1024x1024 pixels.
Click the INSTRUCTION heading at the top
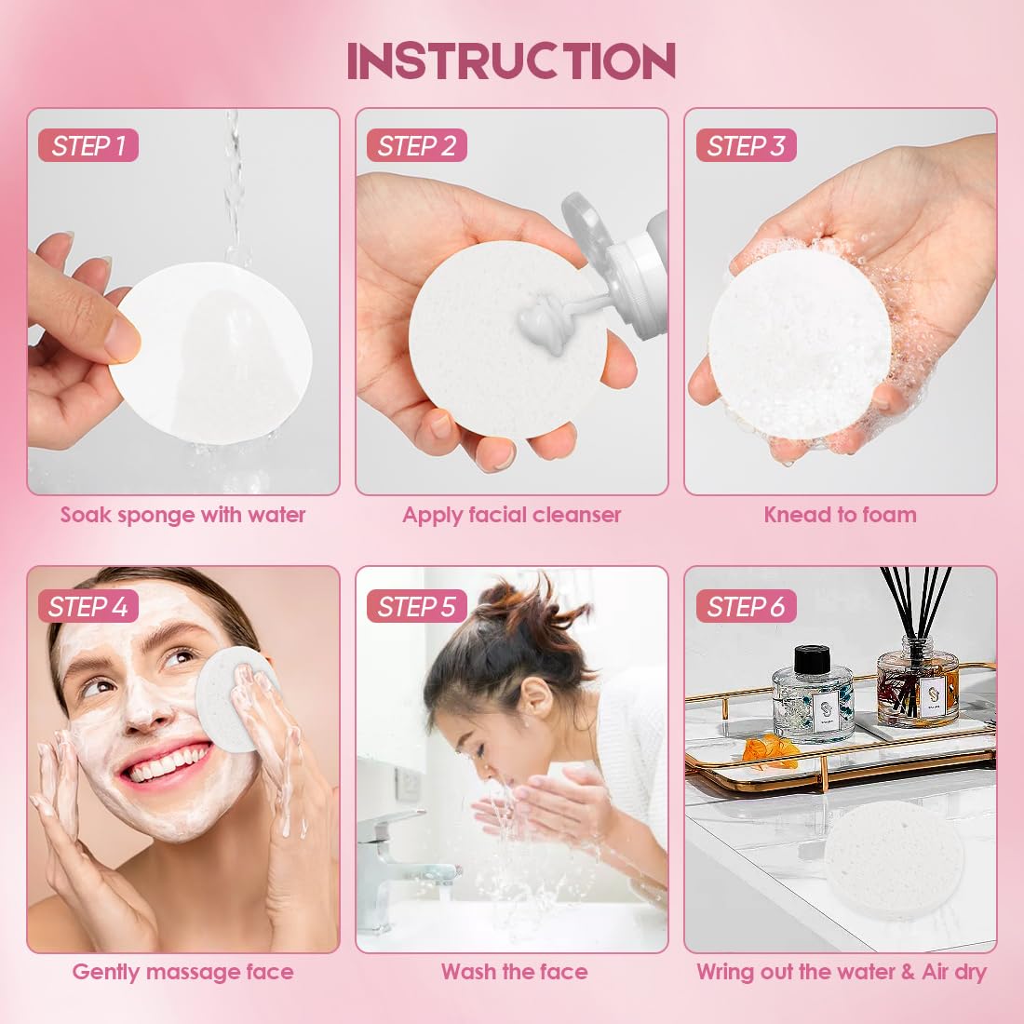pos(511,61)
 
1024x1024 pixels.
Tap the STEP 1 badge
pos(88,146)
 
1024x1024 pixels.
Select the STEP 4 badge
pos(88,606)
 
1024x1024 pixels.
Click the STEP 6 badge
pos(746,607)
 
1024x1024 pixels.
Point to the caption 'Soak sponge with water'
pos(183,515)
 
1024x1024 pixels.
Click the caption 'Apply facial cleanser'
pos(511,515)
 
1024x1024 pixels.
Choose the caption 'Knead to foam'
pos(840,515)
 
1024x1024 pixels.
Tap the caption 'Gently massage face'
pos(183,972)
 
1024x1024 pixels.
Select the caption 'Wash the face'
pos(514,972)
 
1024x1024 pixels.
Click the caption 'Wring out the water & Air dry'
pos(841,972)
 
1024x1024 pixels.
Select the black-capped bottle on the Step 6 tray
pos(813,693)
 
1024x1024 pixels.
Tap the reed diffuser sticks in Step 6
pos(916,605)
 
